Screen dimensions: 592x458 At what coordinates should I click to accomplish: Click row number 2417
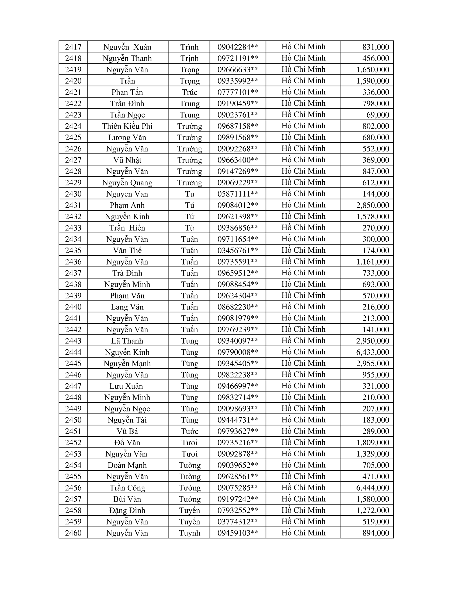(73, 47)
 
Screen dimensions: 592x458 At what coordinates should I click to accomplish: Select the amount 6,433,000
(373, 352)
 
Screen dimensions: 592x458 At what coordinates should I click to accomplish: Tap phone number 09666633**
(238, 70)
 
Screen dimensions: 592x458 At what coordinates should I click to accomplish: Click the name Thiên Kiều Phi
(127, 126)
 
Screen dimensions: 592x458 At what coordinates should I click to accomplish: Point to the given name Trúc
(189, 92)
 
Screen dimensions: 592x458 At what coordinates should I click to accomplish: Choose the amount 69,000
(378, 115)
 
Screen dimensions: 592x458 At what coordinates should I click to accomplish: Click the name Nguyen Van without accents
(127, 194)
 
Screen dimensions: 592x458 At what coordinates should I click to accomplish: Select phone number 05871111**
(238, 194)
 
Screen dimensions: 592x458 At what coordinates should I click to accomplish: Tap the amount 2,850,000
(373, 206)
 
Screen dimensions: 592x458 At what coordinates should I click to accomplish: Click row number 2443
(73, 341)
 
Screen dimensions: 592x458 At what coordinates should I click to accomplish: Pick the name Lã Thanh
(127, 341)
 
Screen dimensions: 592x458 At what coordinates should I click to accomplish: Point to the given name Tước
(189, 431)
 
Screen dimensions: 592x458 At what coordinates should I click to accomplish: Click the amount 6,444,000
(373, 488)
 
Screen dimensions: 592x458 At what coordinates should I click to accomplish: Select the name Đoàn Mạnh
(127, 465)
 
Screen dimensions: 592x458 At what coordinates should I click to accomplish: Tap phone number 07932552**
(238, 510)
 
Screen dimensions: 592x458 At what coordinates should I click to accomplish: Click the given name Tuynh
(189, 533)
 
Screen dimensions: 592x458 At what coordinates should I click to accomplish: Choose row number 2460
(73, 533)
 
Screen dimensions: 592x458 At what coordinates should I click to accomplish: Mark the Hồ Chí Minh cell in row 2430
(303, 194)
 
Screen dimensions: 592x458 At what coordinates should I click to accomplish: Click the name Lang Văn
(127, 307)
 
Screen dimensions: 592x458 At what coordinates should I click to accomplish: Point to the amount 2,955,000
(373, 364)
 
